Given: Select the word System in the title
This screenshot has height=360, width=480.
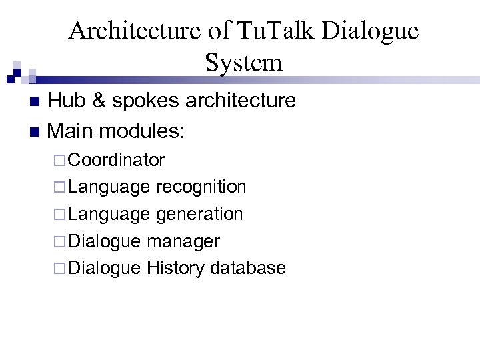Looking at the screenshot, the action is tap(244, 63).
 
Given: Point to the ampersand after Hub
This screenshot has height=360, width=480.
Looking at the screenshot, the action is tap(98, 101).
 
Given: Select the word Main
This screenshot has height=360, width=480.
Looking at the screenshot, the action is tap(71, 130).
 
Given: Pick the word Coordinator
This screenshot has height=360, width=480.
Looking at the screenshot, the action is tap(116, 160).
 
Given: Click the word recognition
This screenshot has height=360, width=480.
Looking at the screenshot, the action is tap(201, 187).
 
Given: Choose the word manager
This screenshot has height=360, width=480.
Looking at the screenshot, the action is tap(183, 241).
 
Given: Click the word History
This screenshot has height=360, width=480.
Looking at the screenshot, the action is tap(176, 268).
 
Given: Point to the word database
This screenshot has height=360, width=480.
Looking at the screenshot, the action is tap(247, 268).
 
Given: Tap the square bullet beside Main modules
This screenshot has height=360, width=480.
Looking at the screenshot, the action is tap(36, 131).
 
